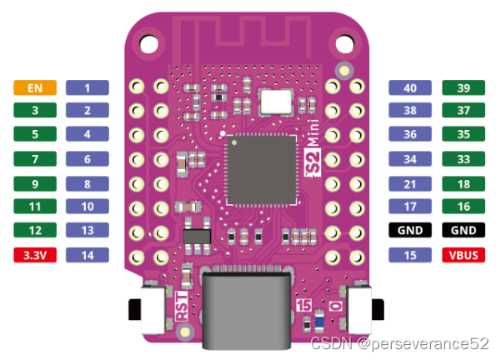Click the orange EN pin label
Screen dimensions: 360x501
coord(34,87)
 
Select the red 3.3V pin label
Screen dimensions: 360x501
coord(34,256)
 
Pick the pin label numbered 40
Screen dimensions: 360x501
coord(410,87)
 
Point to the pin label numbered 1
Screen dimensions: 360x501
coord(87,87)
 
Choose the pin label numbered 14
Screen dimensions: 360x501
coord(87,256)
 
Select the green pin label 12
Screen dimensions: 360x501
coord(34,229)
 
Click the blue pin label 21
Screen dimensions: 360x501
coord(410,182)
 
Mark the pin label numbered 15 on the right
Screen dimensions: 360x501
coord(410,256)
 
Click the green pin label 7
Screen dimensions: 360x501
coord(34,157)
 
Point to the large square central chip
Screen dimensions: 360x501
coord(262,170)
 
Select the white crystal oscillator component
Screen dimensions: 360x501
coord(276,102)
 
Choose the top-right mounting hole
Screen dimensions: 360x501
coord(340,40)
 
